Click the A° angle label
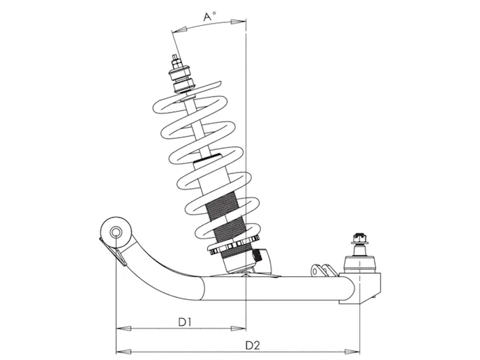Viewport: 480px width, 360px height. (210, 15)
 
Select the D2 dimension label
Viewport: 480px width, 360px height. (252, 345)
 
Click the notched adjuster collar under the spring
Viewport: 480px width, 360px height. (233, 248)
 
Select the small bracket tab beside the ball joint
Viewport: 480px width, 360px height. (320, 269)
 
